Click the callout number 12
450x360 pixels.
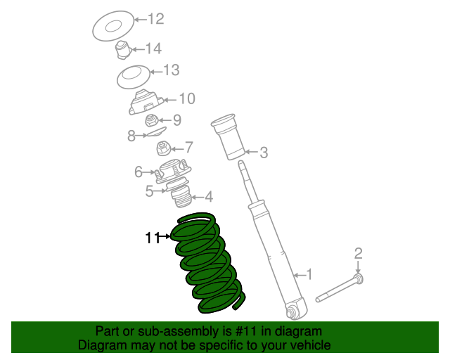[156, 19]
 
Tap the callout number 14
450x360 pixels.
[153, 49]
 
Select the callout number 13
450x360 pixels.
[172, 70]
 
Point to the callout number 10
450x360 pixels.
[187, 98]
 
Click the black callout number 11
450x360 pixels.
[153, 238]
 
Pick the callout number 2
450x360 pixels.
[358, 254]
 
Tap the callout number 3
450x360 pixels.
[264, 152]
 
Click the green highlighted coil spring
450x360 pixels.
[209, 263]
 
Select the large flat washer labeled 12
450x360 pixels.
[113, 26]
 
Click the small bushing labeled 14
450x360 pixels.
[124, 50]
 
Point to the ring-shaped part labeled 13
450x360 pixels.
[134, 77]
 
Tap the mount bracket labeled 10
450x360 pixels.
[146, 103]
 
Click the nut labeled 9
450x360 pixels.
[151, 120]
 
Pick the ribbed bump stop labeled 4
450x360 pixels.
[181, 197]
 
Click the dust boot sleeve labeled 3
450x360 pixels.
[229, 136]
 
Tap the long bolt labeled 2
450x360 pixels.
[340, 288]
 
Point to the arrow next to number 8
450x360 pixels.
[141, 135]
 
